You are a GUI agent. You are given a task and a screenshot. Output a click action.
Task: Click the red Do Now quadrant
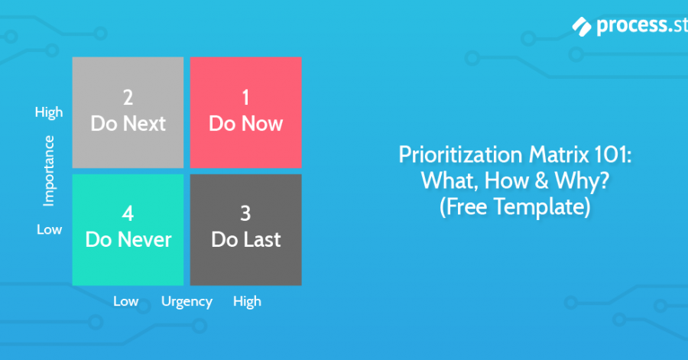tap(245, 112)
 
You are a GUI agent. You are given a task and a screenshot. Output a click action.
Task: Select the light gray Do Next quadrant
tap(128, 112)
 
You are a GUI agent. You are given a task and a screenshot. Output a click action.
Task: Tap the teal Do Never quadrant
tap(128, 230)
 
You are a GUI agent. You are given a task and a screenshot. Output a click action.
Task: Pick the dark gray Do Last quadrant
tap(245, 230)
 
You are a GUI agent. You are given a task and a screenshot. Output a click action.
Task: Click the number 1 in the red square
tap(245, 97)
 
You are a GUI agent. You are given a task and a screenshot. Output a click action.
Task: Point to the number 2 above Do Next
tap(128, 97)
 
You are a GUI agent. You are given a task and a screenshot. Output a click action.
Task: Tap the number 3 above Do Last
tap(245, 214)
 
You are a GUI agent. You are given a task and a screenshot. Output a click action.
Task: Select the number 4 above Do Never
tap(128, 214)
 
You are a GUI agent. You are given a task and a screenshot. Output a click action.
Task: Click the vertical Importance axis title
tap(49, 170)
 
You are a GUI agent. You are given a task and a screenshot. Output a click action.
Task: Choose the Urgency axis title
tap(187, 302)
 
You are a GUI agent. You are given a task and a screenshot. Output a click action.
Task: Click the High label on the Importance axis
tap(49, 112)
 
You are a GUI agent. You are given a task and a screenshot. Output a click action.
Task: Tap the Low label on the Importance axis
tap(49, 229)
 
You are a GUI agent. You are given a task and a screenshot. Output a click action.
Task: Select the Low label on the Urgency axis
tap(126, 301)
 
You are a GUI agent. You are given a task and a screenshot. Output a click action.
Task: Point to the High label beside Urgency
tap(247, 302)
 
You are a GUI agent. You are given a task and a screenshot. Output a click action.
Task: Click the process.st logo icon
tap(582, 26)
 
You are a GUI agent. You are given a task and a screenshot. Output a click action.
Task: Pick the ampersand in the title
tap(541, 180)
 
